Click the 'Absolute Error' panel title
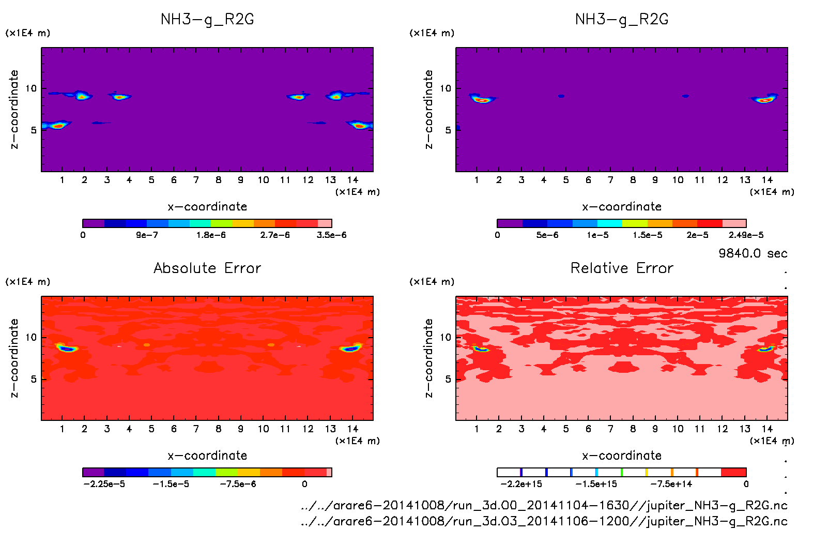(207, 268)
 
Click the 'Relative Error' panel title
(622, 268)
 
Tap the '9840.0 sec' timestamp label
(753, 253)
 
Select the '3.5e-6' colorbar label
(331, 235)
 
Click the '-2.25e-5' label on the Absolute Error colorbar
(104, 484)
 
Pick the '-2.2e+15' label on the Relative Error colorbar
(521, 484)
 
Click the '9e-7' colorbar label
(147, 235)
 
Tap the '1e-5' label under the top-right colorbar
(597, 235)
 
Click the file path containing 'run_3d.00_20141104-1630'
(544, 505)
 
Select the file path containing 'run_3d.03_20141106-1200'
(544, 521)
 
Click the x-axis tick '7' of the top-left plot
(196, 180)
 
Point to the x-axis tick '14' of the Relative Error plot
(767, 429)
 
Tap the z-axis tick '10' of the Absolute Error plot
(32, 337)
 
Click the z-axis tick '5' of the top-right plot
(448, 130)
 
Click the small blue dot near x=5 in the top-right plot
(561, 96)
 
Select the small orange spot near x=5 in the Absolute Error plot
(146, 344)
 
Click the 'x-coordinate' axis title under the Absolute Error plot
(207, 456)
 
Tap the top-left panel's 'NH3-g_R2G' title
(207, 19)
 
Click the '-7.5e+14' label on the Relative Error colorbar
(671, 484)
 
